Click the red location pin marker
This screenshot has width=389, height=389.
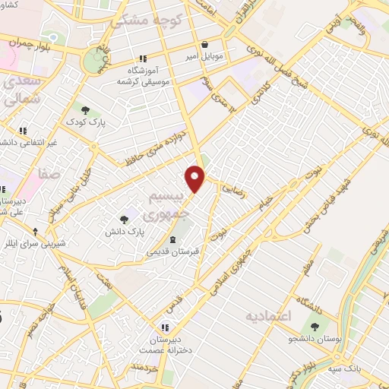(195, 179)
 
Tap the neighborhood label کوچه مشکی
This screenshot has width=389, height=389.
(147, 21)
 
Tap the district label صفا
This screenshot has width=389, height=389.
(49, 173)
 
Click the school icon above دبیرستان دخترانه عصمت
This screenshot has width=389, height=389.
(165, 327)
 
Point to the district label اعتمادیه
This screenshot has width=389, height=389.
(270, 313)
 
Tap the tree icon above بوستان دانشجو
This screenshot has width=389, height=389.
(314, 326)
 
